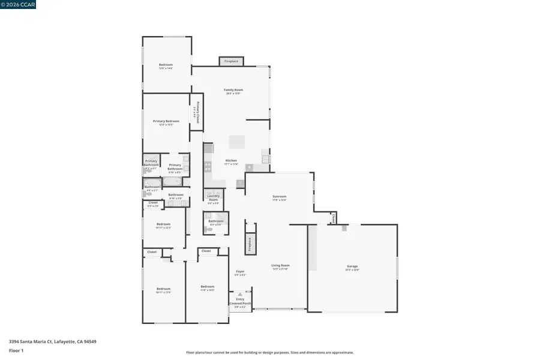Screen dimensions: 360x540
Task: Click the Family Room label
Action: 233,90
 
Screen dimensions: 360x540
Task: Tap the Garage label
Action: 352,266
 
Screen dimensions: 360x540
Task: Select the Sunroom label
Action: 280,196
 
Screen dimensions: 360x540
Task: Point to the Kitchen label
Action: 231,160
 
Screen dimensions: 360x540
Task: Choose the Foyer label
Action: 240,272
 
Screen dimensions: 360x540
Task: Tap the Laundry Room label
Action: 213,197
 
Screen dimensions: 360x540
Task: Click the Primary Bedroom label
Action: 166,121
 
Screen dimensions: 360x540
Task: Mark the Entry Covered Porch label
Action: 240,301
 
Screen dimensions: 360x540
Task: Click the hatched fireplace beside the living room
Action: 250,243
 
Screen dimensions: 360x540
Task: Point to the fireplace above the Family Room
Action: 231,61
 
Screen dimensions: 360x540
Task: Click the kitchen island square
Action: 236,142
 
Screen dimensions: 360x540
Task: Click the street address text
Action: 53,341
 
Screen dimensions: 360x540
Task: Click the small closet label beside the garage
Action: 333,218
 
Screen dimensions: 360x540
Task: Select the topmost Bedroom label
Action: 166,65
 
